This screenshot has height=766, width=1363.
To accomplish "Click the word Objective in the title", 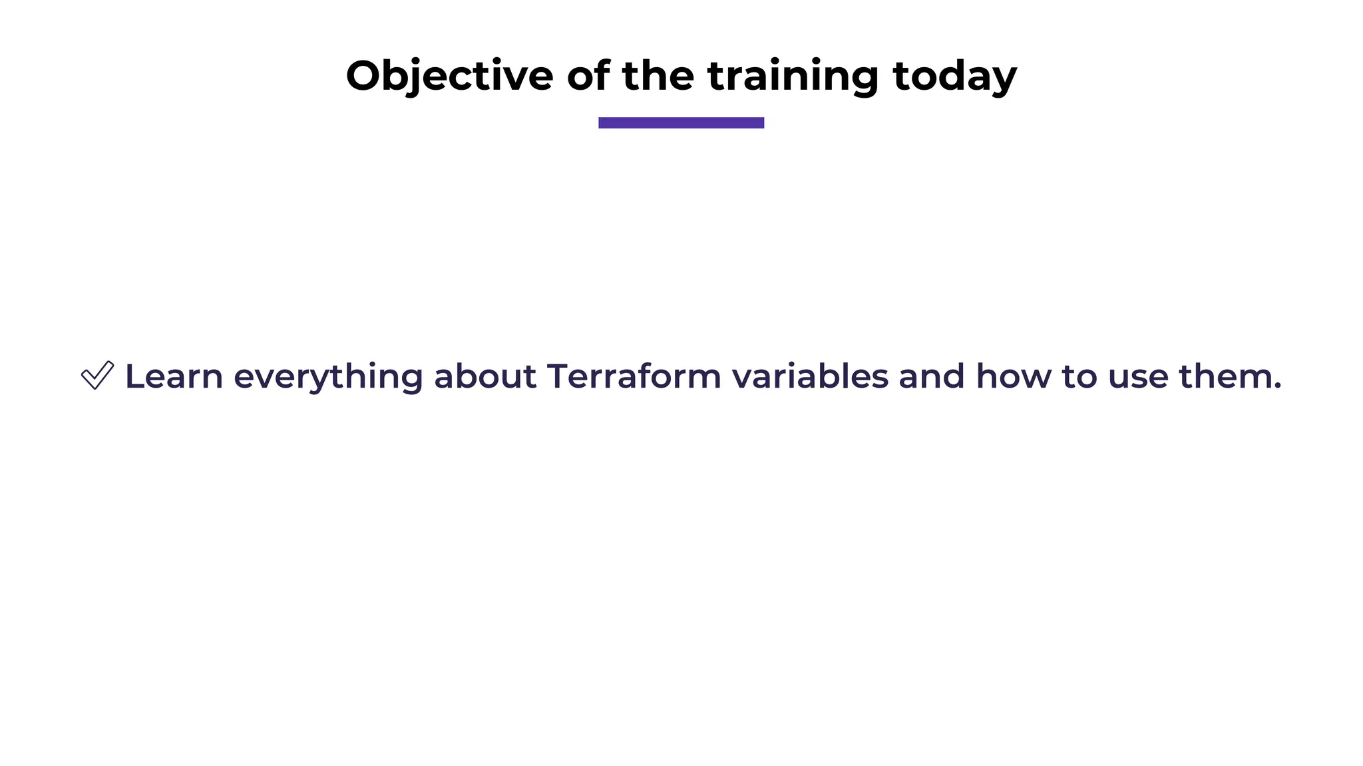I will [x=449, y=76].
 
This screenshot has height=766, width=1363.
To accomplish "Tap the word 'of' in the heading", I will [x=588, y=76].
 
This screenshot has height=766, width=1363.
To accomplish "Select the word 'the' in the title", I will [x=658, y=76].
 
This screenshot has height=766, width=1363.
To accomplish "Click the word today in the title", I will [x=954, y=76].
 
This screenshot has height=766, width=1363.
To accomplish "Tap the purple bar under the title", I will [x=681, y=122].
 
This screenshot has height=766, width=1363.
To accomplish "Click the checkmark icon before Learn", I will [x=97, y=376].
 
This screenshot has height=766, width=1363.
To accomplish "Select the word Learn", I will [x=174, y=376].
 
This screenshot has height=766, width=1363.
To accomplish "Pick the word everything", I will [x=328, y=378].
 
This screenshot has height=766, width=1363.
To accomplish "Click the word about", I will [x=485, y=376].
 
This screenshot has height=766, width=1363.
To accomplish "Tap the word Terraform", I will [x=634, y=376].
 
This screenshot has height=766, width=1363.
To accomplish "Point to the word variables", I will [x=810, y=376].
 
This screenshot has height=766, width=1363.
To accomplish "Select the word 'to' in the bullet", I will [x=1079, y=377].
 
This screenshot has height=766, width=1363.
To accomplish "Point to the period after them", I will [x=1276, y=387].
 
